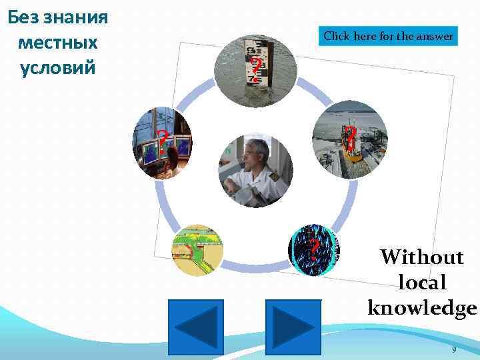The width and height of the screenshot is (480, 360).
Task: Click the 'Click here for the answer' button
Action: [389, 36]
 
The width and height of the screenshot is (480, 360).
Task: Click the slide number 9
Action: [454, 349]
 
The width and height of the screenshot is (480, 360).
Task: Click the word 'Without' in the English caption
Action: [421, 257]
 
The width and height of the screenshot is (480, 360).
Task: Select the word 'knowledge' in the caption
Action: [422, 307]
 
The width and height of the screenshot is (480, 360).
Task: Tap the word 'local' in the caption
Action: [422, 283]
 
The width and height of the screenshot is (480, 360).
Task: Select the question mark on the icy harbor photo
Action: [349, 135]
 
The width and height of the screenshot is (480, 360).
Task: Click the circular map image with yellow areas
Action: [197, 250]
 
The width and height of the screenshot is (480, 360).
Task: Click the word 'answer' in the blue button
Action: [435, 36]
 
